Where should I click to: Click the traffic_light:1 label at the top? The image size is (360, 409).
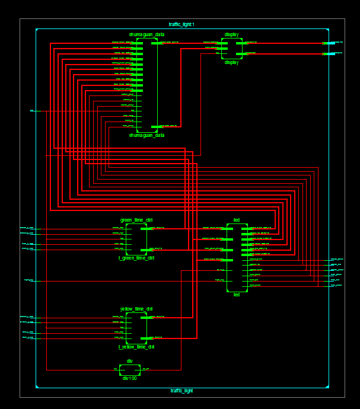(181, 24)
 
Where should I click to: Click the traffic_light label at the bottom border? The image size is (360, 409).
(181, 391)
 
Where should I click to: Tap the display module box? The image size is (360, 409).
(232, 48)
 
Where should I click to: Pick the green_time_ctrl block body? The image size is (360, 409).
(136, 239)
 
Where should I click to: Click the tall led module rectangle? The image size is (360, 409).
(237, 257)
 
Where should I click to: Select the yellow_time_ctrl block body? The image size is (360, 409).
(136, 328)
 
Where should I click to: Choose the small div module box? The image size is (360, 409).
(130, 370)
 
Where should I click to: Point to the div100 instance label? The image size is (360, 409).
(129, 378)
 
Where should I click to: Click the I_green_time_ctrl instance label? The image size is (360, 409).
(136, 258)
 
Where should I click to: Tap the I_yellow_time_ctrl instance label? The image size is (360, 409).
(136, 347)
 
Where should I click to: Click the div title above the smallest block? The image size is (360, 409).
(129, 361)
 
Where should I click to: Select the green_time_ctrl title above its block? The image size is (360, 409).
(136, 220)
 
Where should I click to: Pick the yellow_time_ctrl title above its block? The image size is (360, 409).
(136, 309)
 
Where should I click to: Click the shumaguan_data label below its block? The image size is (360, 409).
(147, 135)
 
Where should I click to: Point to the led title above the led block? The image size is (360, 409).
(237, 220)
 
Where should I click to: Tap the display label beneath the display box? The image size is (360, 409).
(231, 62)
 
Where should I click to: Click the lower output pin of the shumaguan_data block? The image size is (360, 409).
(155, 126)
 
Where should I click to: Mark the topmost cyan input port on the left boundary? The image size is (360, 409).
(32, 111)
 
